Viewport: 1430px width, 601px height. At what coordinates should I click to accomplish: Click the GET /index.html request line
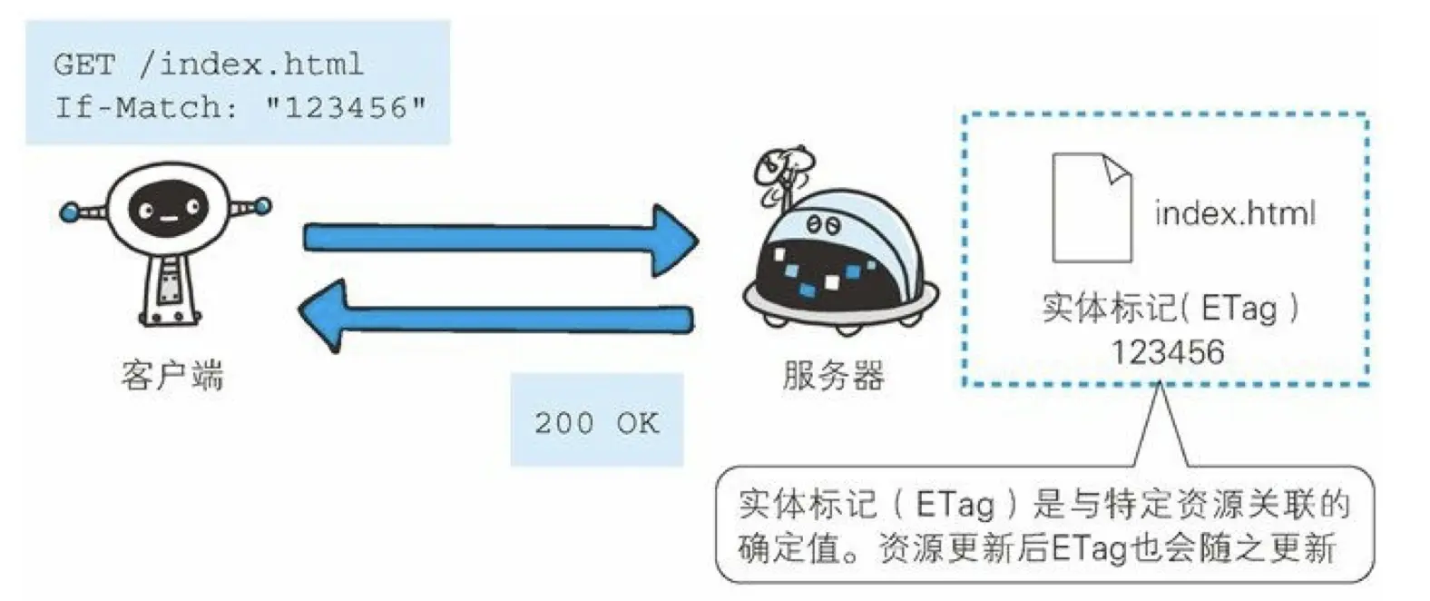(208, 64)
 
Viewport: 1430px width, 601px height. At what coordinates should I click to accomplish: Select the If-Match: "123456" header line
(240, 108)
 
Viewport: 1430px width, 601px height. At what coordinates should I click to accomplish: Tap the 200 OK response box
(596, 421)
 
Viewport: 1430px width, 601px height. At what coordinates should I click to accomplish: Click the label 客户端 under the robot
(171, 375)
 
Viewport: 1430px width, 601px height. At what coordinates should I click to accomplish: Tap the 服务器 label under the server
(833, 375)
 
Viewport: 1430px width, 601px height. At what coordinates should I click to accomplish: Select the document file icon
(1092, 208)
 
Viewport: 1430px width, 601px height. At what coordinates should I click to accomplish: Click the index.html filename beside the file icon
(1234, 214)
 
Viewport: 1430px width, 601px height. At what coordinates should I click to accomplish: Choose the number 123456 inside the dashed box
(1168, 351)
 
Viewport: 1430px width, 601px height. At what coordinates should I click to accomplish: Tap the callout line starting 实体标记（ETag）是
(1043, 504)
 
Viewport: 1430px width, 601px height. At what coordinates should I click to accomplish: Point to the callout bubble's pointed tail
(1161, 427)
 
